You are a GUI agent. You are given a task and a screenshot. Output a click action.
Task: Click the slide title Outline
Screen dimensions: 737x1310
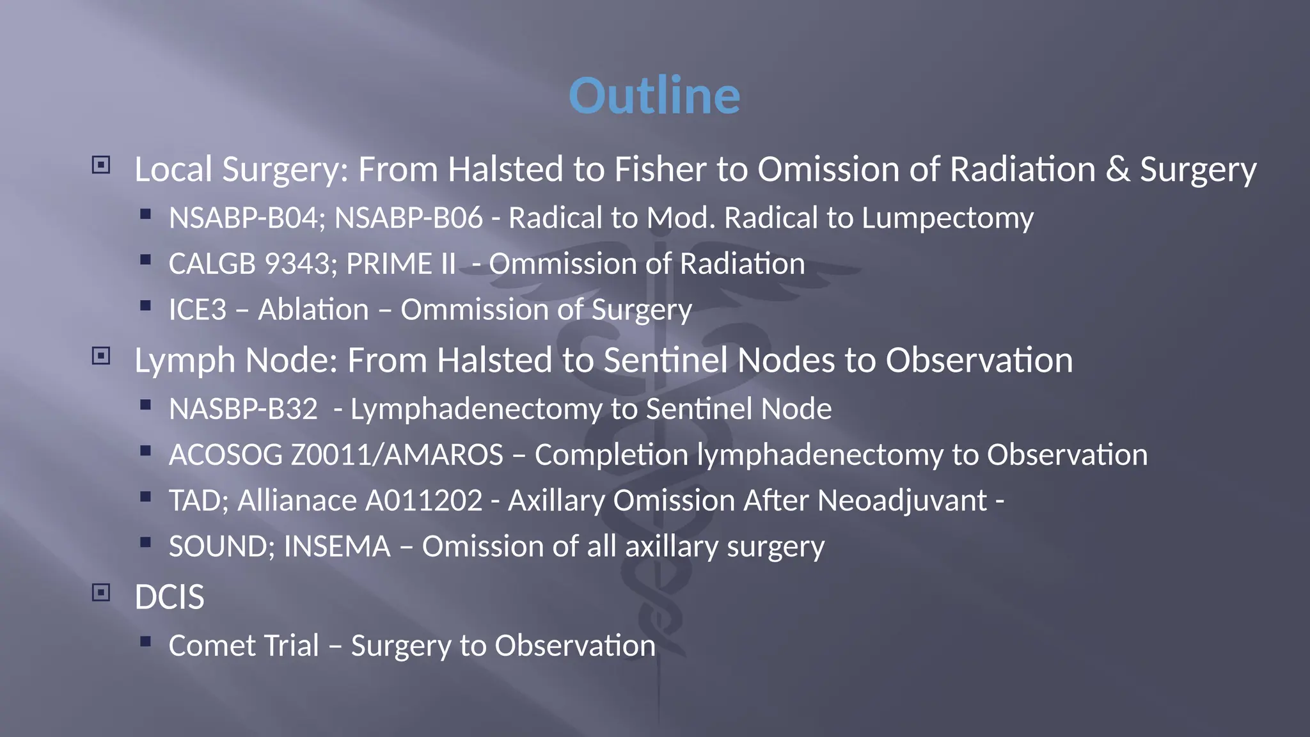click(x=654, y=96)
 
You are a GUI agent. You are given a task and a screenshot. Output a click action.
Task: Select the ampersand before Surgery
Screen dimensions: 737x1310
click(x=1117, y=170)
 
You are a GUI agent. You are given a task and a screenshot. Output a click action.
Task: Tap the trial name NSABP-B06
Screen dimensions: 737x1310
click(x=409, y=218)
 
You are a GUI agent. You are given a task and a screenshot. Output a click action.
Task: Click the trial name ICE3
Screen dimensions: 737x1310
click(x=198, y=310)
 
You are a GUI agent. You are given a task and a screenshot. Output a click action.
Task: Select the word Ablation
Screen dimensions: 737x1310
click(x=313, y=310)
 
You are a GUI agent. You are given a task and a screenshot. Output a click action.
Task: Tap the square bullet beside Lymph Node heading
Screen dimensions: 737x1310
click(x=101, y=356)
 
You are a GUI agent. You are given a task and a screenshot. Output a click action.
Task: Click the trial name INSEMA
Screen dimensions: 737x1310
click(x=336, y=547)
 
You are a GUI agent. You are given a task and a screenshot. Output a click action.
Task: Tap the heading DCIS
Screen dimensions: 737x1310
click(x=170, y=598)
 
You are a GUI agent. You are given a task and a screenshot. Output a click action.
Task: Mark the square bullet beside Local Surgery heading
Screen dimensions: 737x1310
click(x=101, y=165)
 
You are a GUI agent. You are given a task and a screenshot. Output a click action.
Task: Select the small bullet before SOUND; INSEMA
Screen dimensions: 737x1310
click(x=146, y=543)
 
